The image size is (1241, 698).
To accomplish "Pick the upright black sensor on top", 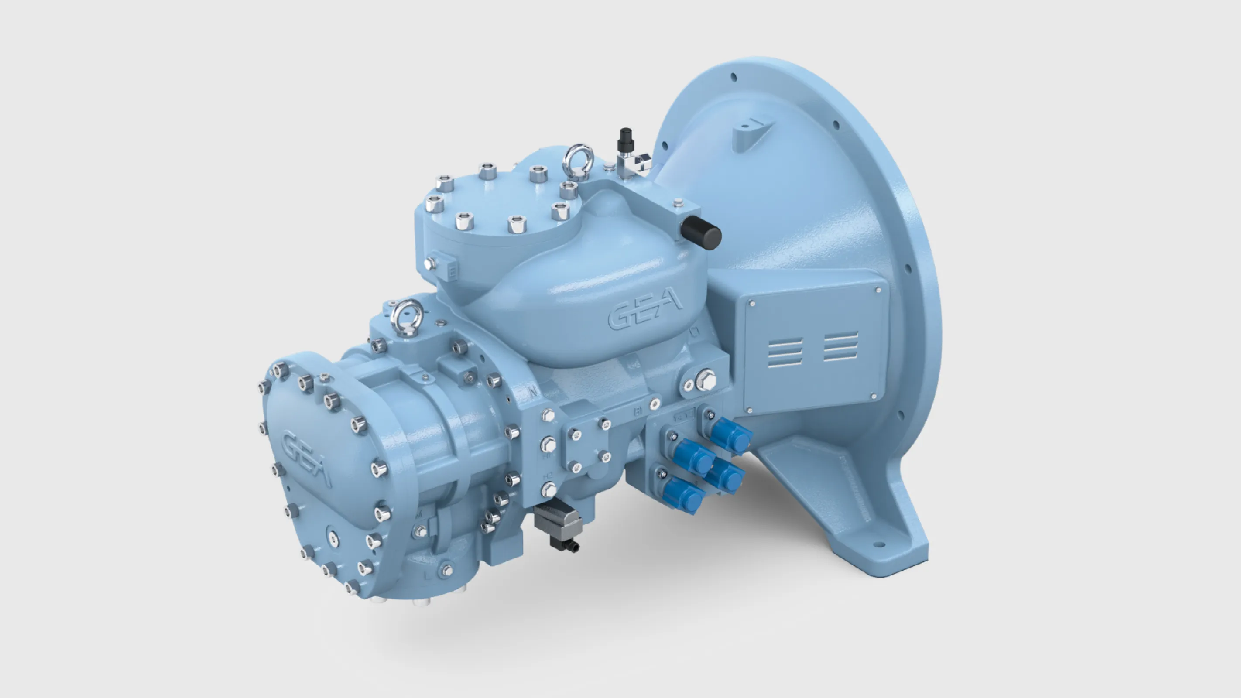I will tap(626, 139).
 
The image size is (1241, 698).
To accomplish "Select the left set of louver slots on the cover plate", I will tap(785, 353).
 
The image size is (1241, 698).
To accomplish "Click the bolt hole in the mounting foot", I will tap(879, 545).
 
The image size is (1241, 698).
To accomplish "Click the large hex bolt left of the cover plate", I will tap(706, 380).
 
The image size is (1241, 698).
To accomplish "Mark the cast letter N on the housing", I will tap(533, 392).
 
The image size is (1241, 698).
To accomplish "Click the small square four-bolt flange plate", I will tap(588, 445).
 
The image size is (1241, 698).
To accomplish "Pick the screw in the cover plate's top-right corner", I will tap(878, 291).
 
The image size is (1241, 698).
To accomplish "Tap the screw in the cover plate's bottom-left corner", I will tap(750, 411).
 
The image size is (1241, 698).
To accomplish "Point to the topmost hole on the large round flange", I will tap(734, 77).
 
